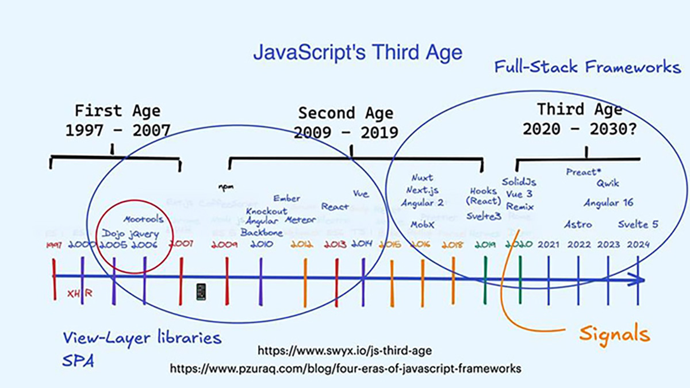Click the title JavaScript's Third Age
click(x=358, y=53)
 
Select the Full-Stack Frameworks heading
click(x=587, y=67)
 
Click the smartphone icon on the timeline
click(x=201, y=291)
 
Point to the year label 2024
click(x=638, y=244)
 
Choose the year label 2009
click(x=224, y=244)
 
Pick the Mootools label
click(x=143, y=219)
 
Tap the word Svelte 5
click(x=638, y=224)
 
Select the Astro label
click(x=577, y=224)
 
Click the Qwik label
click(x=607, y=183)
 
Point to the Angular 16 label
click(x=608, y=203)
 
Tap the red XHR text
click(x=79, y=293)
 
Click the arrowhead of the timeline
click(x=639, y=280)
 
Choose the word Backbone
click(x=262, y=233)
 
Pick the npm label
click(x=224, y=186)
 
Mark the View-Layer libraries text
click(x=141, y=337)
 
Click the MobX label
click(x=422, y=225)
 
